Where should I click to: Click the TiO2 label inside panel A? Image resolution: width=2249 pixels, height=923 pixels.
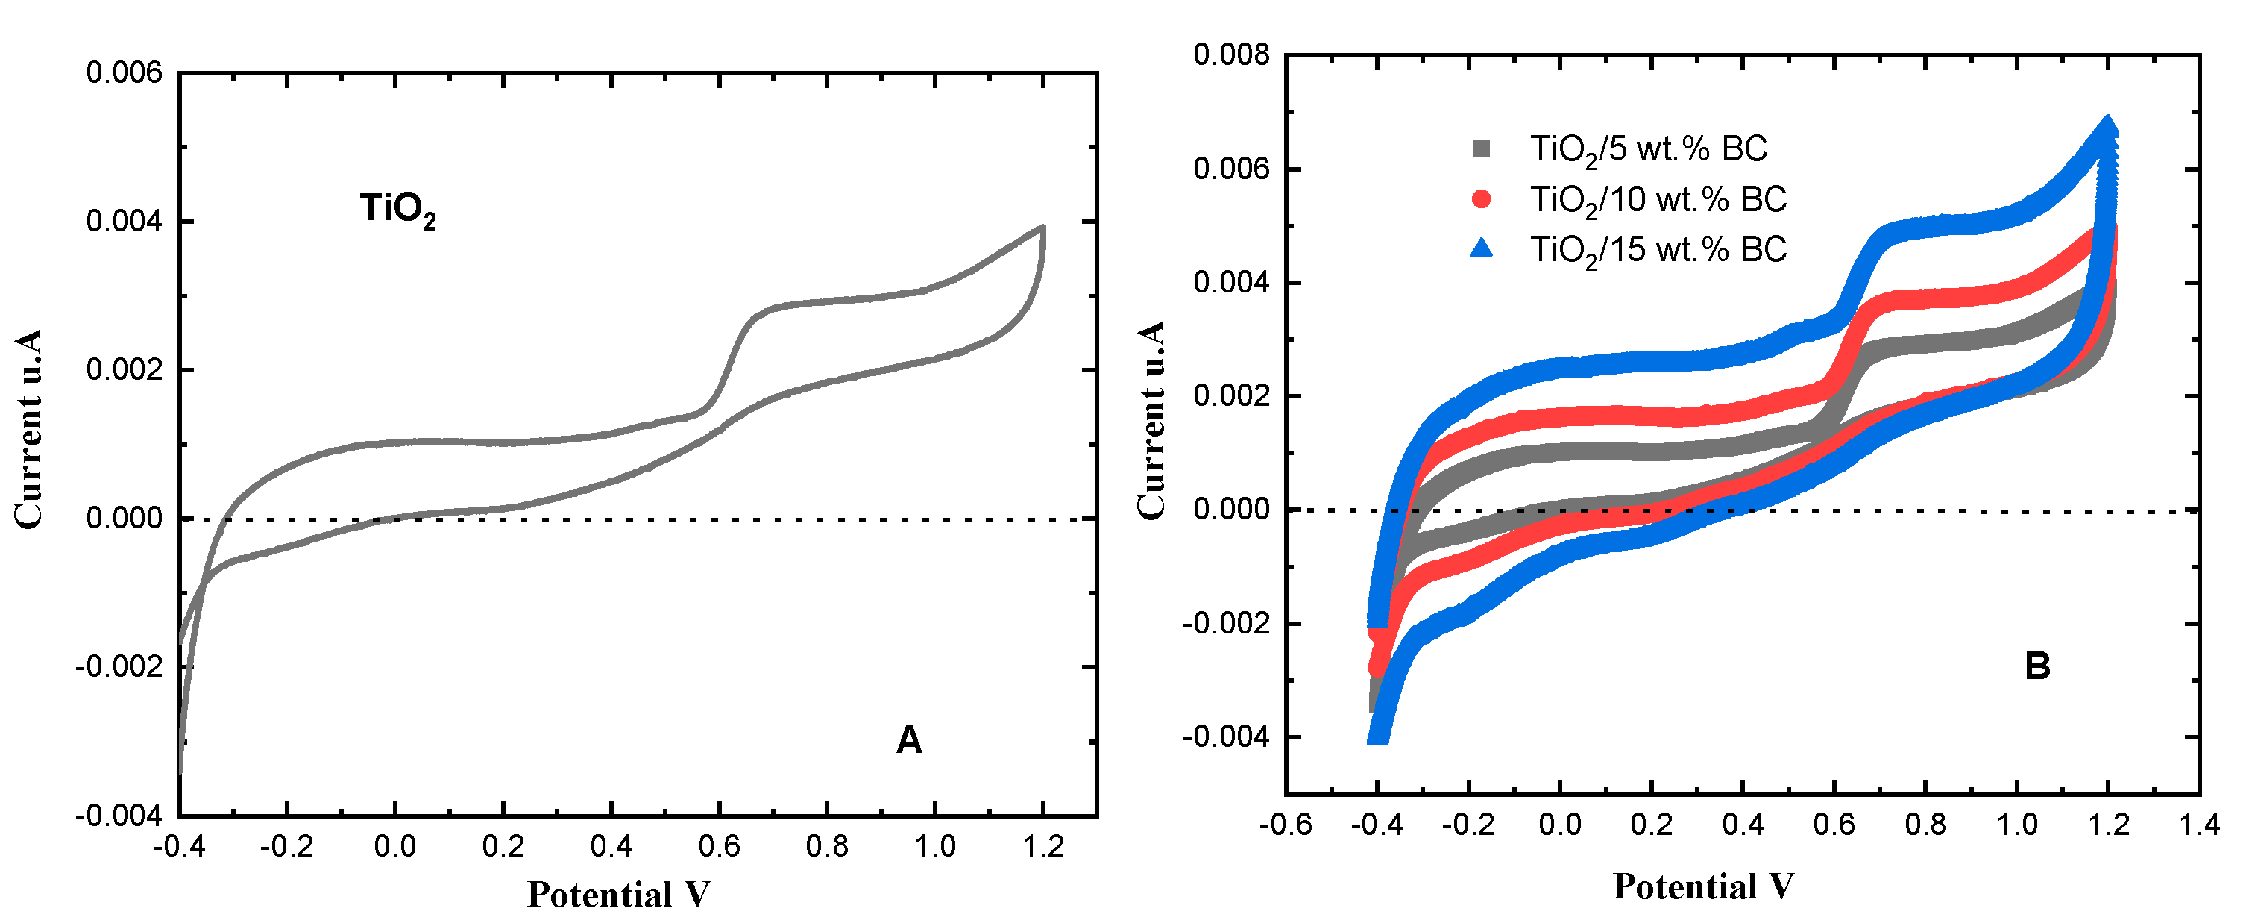[397, 210]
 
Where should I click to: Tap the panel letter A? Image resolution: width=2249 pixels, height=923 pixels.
[908, 739]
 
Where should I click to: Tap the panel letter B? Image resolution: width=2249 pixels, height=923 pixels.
[2036, 666]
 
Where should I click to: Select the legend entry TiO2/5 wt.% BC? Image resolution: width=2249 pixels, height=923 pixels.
[1647, 148]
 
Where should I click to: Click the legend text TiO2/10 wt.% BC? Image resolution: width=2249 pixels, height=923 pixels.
[1657, 199]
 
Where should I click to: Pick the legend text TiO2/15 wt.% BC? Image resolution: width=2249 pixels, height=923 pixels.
[1657, 250]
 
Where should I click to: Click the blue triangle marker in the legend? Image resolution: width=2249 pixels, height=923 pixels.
[1482, 249]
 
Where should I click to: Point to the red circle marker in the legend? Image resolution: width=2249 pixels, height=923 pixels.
[1482, 199]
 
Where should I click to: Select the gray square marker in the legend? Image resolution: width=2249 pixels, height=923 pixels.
[1482, 148]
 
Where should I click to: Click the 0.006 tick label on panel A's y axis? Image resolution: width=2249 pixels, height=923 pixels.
[124, 72]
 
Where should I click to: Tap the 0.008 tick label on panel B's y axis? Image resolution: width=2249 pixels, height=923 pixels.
[1231, 55]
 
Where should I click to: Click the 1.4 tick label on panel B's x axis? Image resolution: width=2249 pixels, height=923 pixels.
[2198, 825]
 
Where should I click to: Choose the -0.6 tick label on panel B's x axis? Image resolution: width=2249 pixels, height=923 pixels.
[1285, 825]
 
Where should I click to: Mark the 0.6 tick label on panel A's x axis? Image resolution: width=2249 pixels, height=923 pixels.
[719, 845]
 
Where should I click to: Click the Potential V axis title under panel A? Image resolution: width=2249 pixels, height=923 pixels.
[618, 894]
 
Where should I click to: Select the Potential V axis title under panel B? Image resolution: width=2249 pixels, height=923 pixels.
[1702, 886]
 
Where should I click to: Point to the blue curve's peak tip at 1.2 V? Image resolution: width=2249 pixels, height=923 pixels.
[2107, 125]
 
